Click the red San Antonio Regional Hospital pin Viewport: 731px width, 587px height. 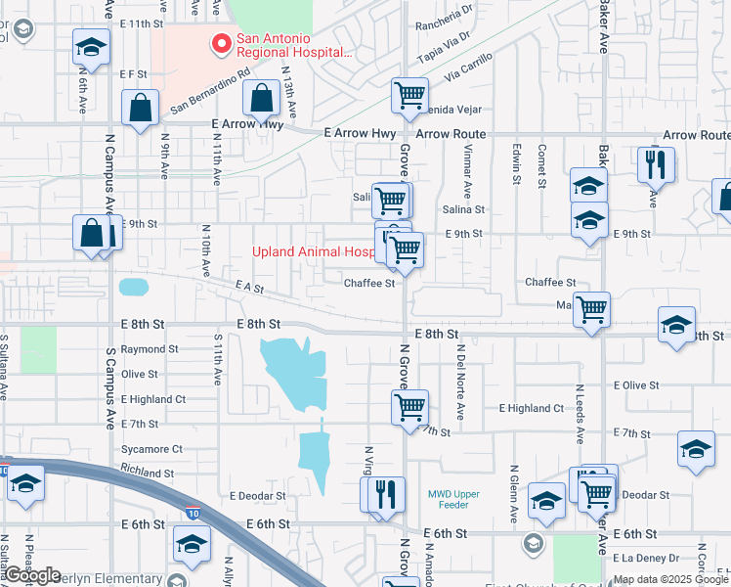pos(222,44)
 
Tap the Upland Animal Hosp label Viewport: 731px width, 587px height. pos(314,251)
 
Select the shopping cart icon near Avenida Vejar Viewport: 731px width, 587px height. pos(409,96)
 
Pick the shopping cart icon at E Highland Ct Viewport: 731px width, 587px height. pos(409,406)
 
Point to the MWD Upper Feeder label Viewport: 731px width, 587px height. pos(453,499)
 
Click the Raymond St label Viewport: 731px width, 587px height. pos(150,349)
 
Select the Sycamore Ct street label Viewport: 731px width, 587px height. pos(151,449)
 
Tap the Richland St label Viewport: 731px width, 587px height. pos(149,473)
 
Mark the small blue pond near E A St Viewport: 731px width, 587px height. pos(133,288)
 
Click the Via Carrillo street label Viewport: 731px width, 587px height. pos(468,66)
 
